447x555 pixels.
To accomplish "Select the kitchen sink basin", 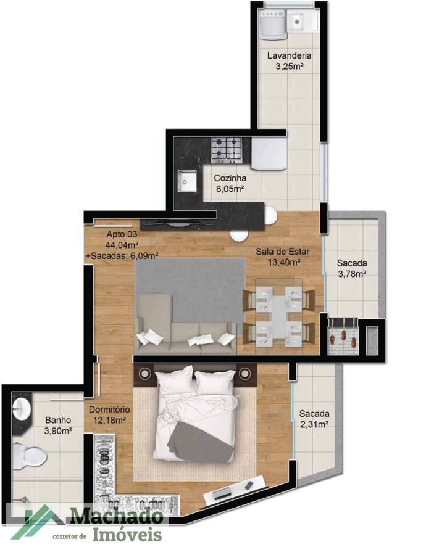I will (186, 181).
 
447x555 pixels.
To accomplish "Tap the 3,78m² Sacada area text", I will (351, 274).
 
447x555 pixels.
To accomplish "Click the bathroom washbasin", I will (22, 408).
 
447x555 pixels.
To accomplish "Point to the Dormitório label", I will (109, 409).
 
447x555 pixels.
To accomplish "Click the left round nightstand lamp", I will (146, 372).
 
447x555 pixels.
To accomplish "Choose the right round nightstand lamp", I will (245, 372).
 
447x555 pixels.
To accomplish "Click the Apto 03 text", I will (122, 234).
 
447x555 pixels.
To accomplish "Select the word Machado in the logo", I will (115, 516).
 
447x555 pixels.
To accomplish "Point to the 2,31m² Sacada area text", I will (314, 424).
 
